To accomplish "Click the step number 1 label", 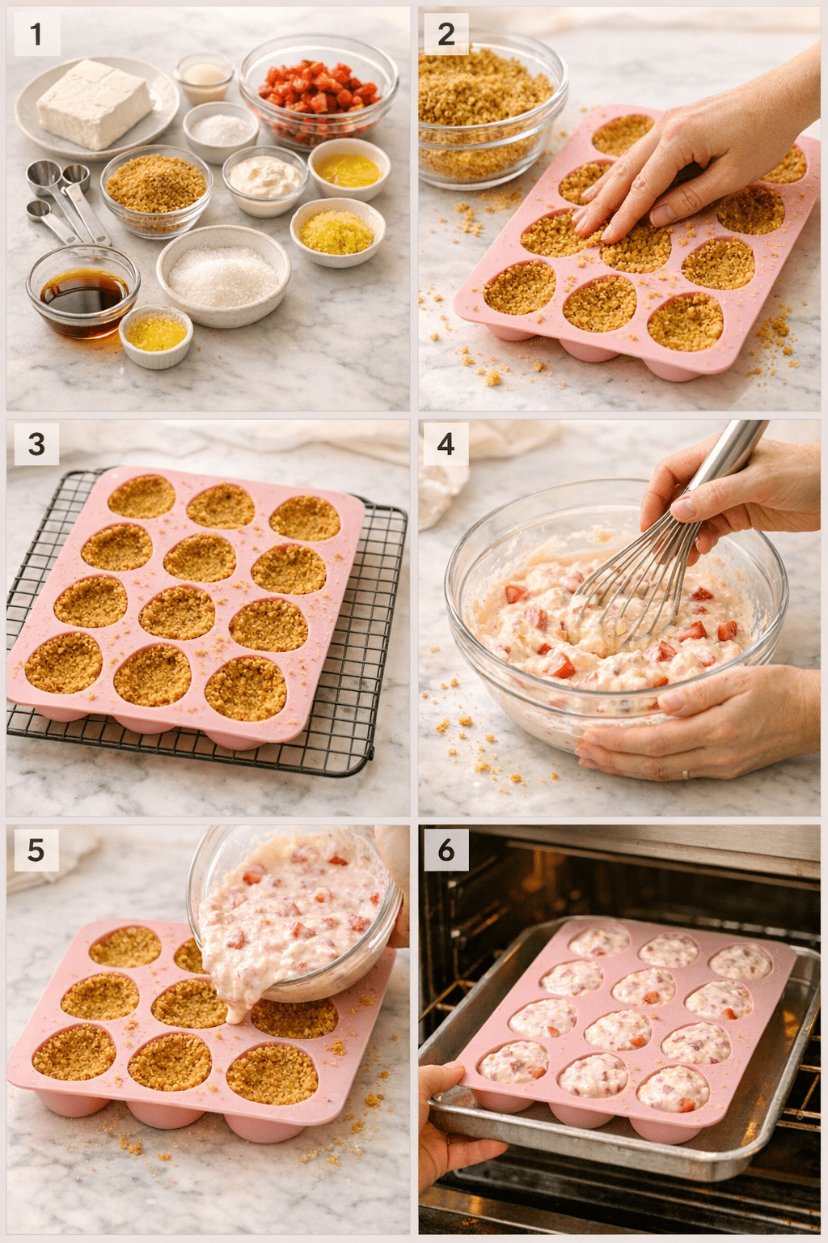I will coord(36,35).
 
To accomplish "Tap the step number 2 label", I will coord(446,35).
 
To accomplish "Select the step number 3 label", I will coord(36,444).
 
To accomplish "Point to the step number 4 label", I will coord(446,444).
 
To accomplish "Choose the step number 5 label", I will coord(36,851).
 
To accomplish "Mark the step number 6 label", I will coord(446,851).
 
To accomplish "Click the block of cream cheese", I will coord(94,104).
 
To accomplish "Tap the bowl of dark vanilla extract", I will coord(83,293).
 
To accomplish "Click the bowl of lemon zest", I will coord(337,231).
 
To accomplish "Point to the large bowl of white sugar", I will coord(223,275).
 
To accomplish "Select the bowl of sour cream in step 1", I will coord(264,178).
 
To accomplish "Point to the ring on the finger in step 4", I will coord(686,774).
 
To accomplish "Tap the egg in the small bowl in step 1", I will coord(205,76).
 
